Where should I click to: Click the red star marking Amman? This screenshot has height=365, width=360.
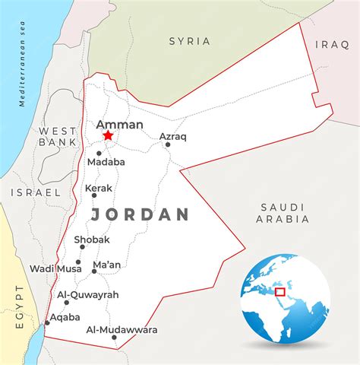pos(108,135)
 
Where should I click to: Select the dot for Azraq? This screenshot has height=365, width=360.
pos(167,144)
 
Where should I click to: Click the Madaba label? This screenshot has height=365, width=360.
pos(106,162)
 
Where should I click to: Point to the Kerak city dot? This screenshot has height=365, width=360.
pos(94,195)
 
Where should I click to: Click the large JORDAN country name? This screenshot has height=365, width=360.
pos(140,214)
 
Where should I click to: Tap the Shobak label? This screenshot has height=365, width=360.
pos(92,240)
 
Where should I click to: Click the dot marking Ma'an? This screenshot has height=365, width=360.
pos(93,272)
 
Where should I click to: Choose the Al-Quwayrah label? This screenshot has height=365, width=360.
pos(87,294)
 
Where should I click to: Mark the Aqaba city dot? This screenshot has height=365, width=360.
pos(47,322)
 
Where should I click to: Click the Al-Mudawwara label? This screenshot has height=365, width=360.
pos(122,330)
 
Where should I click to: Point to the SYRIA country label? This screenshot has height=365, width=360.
pos(190,41)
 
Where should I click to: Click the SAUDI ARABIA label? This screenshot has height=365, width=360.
pos(283,213)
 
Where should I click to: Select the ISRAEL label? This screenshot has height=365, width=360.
pos(35,193)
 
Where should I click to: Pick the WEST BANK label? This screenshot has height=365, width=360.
pos(58,136)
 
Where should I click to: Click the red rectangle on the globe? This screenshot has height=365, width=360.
pos(279,291)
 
